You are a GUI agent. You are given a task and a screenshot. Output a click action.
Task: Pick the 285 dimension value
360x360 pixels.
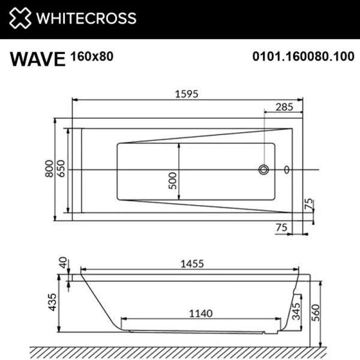(284, 108)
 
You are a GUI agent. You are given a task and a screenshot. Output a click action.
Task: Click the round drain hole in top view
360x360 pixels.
(263, 170)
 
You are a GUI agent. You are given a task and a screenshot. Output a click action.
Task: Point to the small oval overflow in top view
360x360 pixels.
(286, 170)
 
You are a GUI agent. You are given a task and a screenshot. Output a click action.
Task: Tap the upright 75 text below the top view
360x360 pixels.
(280, 227)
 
